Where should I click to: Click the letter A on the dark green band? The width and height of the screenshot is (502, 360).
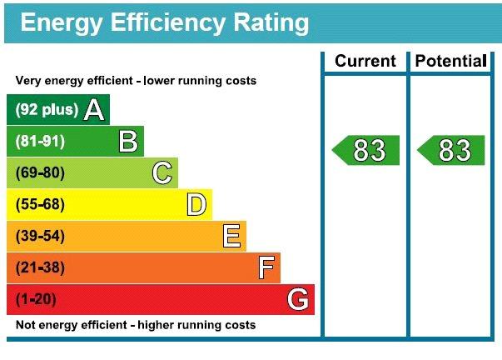tap(94, 110)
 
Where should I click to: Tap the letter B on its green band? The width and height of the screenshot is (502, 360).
tap(128, 141)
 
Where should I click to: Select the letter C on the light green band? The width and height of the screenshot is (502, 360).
tap(162, 172)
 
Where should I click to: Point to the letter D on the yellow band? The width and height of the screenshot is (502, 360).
tap(196, 204)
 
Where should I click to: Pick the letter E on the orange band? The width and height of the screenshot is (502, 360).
tap(231, 236)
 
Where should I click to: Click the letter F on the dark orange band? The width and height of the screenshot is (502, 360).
tap(266, 267)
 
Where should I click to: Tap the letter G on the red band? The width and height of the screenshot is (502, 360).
tap(298, 299)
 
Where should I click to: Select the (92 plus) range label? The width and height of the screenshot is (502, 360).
tap(47, 110)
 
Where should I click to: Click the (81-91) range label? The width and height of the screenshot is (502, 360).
tap(40, 141)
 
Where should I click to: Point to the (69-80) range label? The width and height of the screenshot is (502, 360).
tap(40, 172)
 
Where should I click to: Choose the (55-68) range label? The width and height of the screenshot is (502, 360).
tap(40, 204)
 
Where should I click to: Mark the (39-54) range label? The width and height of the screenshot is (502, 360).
tap(40, 236)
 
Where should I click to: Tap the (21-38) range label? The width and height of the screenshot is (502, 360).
tap(40, 267)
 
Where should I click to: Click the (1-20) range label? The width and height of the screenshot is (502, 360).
tap(36, 299)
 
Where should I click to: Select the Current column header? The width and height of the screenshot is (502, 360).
tap(365, 61)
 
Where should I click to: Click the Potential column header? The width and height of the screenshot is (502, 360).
tap(450, 61)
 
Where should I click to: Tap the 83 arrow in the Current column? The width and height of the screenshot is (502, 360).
tap(365, 150)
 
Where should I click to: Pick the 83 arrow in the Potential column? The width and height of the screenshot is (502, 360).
tap(450, 150)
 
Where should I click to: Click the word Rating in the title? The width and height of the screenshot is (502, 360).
tap(271, 23)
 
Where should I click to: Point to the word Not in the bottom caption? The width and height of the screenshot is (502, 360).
tap(24, 325)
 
